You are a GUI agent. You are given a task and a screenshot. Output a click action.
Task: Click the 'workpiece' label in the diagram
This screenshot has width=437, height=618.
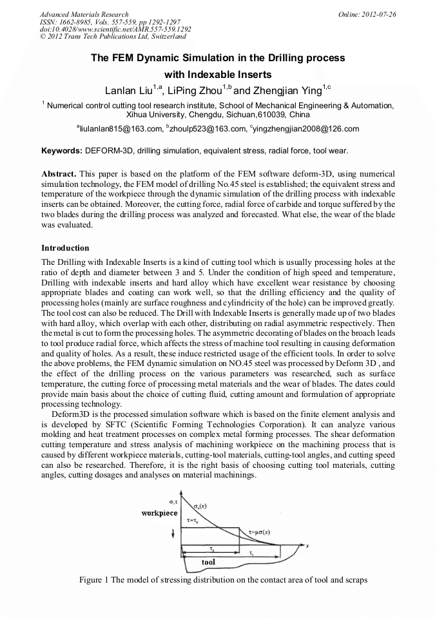point(159,513)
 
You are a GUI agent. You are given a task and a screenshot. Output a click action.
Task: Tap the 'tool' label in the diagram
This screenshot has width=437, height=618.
point(208,562)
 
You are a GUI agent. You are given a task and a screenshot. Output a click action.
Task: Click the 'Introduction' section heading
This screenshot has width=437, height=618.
point(65,247)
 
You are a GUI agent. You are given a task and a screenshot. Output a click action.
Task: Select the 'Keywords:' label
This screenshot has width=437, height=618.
point(61,151)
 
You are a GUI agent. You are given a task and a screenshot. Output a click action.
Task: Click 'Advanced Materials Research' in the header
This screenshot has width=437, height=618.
point(84,14)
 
